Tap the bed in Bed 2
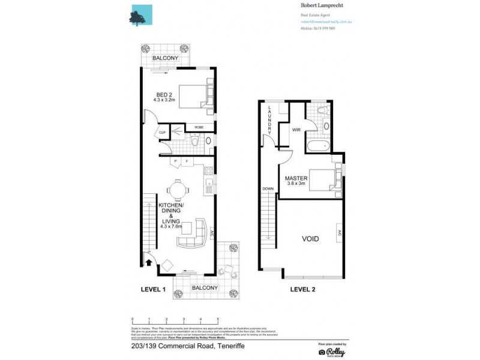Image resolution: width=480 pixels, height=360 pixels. point(194,95)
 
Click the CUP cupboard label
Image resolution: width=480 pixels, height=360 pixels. point(162,133)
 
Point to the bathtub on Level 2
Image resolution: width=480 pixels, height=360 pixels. point(316,145)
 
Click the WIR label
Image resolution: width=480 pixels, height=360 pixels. point(296,129)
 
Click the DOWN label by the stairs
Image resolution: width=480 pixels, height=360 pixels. point(268,188)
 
